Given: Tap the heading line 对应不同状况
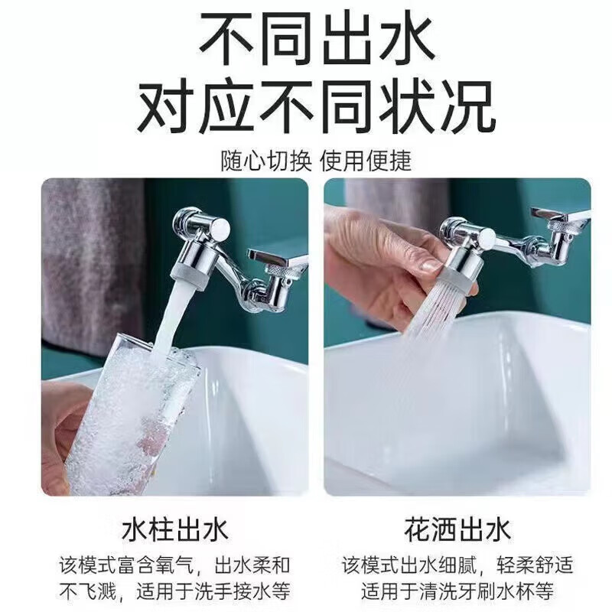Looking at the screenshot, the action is [x=316, y=106].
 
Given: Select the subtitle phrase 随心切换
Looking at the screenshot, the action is [x=266, y=161].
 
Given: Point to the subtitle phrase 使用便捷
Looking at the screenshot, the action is [x=366, y=161].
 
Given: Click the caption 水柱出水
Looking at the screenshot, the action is [x=175, y=530].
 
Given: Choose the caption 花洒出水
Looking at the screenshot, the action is [x=457, y=530].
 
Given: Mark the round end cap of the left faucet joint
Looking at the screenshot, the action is [x=220, y=227].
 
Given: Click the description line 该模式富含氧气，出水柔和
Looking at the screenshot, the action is [x=175, y=565].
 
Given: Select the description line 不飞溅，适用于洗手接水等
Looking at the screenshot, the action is [x=175, y=591].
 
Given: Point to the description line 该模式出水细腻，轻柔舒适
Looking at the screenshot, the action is [x=457, y=565].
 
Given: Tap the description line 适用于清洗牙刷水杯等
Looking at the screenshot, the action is [x=457, y=591].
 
